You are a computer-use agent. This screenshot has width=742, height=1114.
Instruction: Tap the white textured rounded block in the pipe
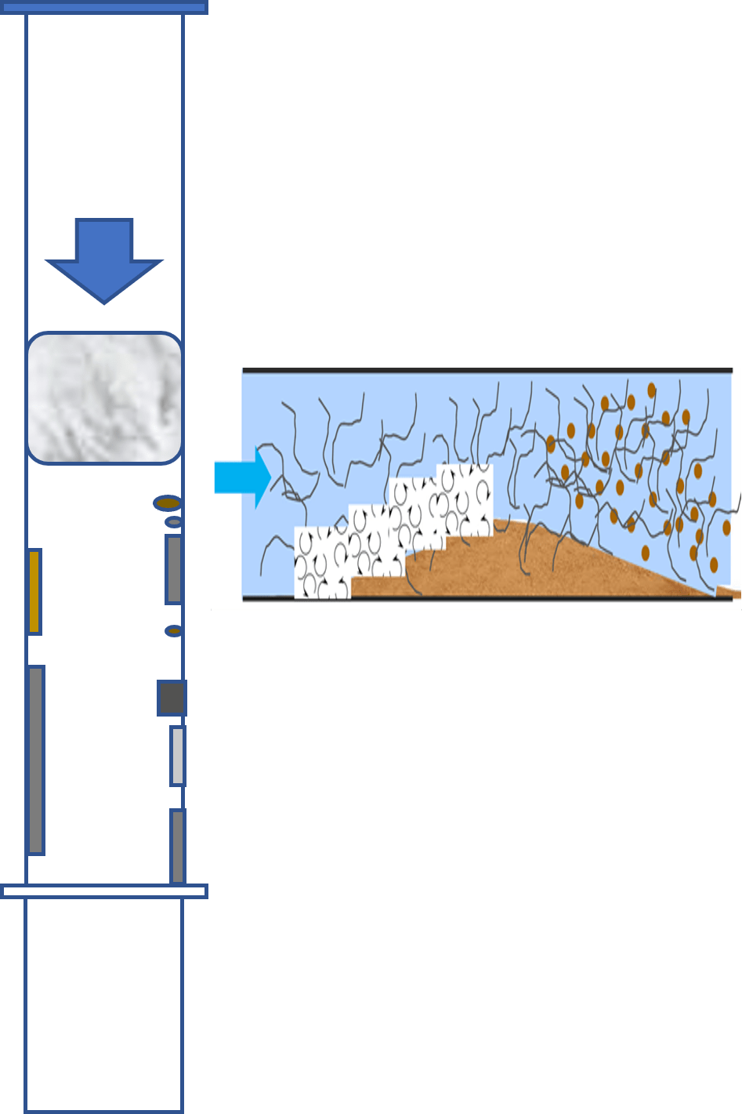pyautogui.click(x=104, y=397)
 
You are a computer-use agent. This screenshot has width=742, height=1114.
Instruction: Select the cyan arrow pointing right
pyautogui.click(x=241, y=477)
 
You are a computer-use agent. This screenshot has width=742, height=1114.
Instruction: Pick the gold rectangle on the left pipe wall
pyautogui.click(x=34, y=591)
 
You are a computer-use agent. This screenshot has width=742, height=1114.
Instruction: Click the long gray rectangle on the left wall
pyautogui.click(x=36, y=759)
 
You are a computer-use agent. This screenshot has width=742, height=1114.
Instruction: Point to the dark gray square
pyautogui.click(x=172, y=698)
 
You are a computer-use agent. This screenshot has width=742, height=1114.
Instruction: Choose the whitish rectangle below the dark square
pyautogui.click(x=178, y=756)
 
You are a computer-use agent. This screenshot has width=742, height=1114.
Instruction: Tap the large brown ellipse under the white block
pyautogui.click(x=167, y=503)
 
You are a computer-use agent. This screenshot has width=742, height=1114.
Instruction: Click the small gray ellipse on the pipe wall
pyautogui.click(x=173, y=522)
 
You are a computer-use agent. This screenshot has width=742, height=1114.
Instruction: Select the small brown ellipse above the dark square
pyautogui.click(x=173, y=630)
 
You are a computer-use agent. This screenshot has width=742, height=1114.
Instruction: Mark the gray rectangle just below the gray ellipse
pyautogui.click(x=174, y=569)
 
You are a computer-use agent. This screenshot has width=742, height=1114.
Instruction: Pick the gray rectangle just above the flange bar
pyautogui.click(x=178, y=846)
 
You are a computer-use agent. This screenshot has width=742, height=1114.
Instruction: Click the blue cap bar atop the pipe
pyautogui.click(x=103, y=8)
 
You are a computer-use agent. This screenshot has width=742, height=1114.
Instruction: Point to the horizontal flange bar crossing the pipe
pyautogui.click(x=103, y=891)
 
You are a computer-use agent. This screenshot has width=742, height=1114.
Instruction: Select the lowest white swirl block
pyautogui.click(x=321, y=562)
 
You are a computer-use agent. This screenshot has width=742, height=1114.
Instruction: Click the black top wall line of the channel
pyautogui.click(x=486, y=370)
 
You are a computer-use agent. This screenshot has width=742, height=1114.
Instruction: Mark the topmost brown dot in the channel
pyautogui.click(x=651, y=390)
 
